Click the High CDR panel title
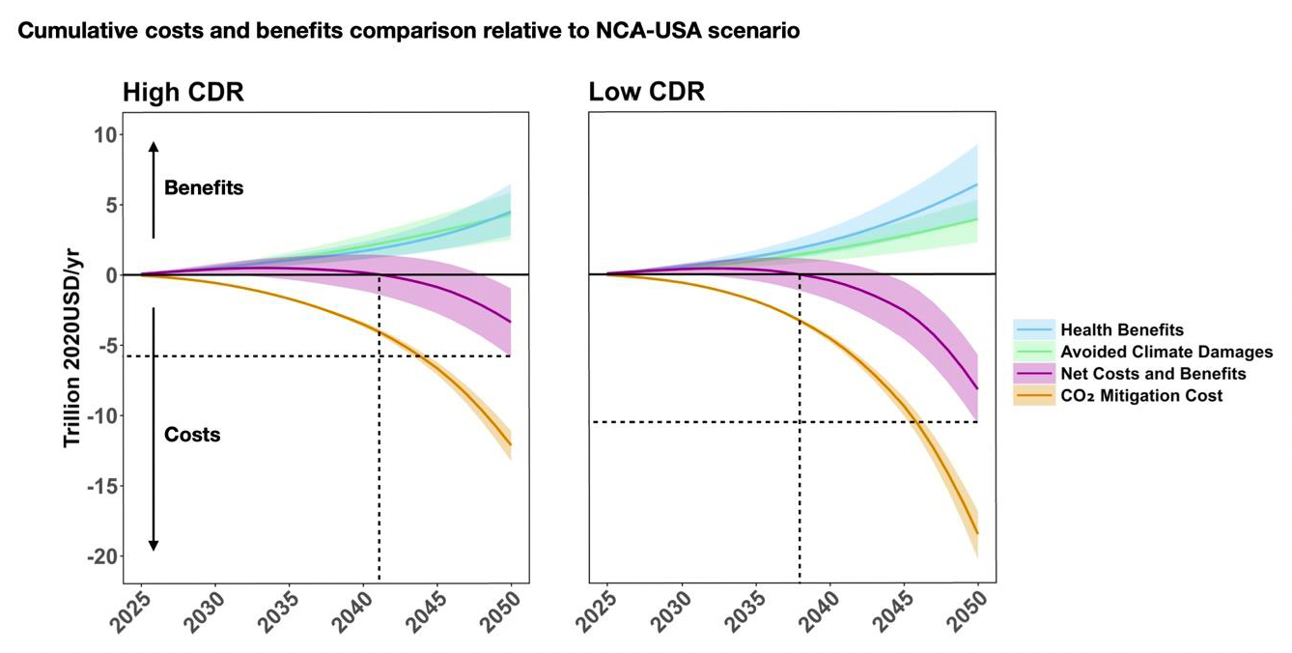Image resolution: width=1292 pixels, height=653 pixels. click(183, 93)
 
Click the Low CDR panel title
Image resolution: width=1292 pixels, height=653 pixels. click(647, 93)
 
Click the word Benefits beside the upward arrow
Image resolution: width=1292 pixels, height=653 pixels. click(204, 188)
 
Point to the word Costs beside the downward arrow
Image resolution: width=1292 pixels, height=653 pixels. click(192, 435)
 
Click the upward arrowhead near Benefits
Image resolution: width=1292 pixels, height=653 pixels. click(153, 145)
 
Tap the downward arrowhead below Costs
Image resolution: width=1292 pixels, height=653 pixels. click(153, 547)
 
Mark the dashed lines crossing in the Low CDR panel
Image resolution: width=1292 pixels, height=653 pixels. click(800, 422)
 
